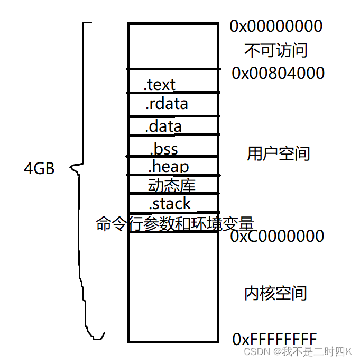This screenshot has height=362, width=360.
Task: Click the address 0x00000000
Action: click(x=275, y=25)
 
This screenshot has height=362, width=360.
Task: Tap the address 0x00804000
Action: click(x=278, y=73)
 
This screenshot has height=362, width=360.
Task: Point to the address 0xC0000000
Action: click(x=278, y=236)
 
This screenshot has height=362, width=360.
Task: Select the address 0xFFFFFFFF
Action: click(x=274, y=339)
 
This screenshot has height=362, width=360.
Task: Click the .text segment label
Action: click(x=159, y=84)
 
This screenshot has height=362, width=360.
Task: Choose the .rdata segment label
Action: click(x=166, y=104)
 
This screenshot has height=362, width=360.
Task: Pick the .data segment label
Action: click(x=163, y=126)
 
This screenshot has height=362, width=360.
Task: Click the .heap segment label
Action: click(x=168, y=167)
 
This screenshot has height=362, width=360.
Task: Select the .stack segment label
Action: click(x=169, y=203)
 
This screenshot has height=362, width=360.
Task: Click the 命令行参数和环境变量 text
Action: click(x=175, y=223)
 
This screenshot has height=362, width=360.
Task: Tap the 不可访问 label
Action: click(x=275, y=50)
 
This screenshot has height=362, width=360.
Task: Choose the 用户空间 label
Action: click(x=278, y=153)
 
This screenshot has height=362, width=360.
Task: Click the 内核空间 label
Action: click(x=275, y=293)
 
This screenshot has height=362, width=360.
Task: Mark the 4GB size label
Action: click(x=39, y=169)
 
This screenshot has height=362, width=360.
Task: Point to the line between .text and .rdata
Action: click(x=173, y=93)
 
